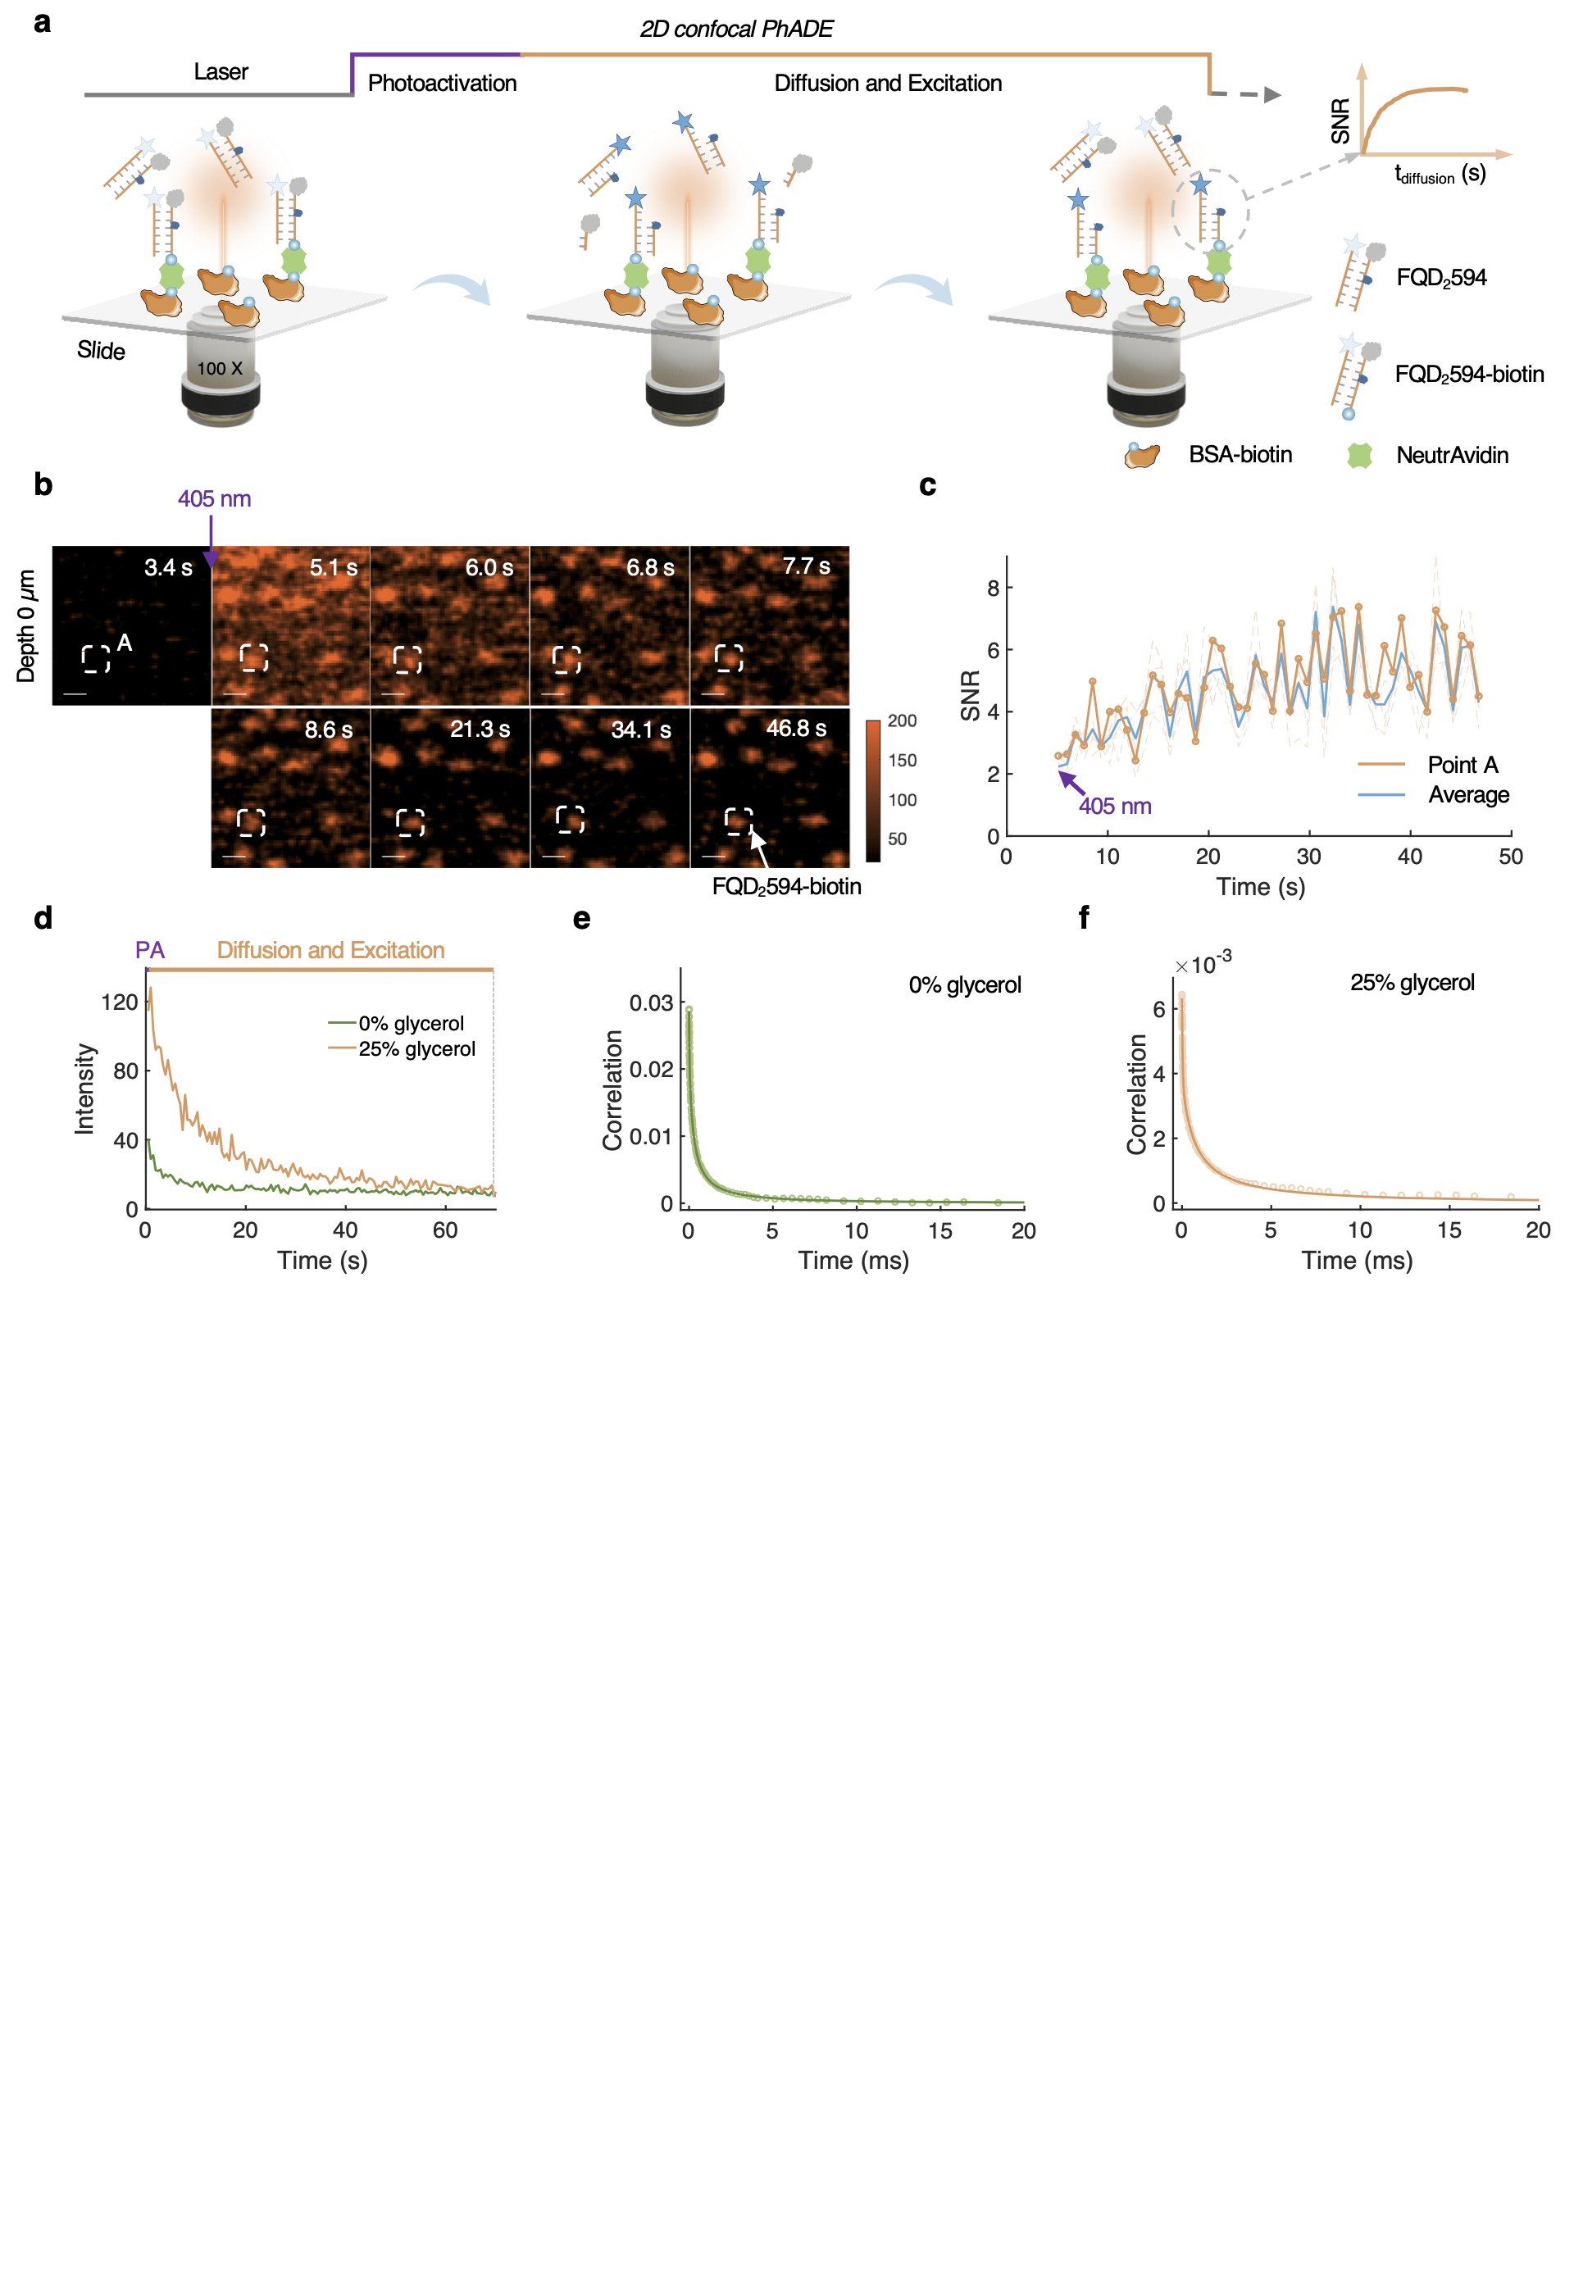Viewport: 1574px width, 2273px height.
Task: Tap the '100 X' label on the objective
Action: (219, 369)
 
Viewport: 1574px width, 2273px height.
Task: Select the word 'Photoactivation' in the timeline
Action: (442, 83)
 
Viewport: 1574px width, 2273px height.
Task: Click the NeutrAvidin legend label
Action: (1452, 456)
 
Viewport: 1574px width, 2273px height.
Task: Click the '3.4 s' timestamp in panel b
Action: (168, 567)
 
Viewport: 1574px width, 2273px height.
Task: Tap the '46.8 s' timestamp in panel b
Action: (796, 728)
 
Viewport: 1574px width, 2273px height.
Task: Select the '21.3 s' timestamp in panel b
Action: (480, 729)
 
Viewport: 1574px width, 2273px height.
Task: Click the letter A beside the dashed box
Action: (125, 643)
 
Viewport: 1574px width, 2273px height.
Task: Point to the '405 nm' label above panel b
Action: (214, 499)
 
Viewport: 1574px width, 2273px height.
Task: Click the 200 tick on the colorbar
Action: (902, 721)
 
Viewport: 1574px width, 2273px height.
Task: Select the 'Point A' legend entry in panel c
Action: (1462, 764)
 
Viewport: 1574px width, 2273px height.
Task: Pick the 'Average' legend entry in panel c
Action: (1467, 795)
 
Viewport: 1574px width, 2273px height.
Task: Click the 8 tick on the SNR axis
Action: (992, 589)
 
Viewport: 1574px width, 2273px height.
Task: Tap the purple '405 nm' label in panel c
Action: (1114, 806)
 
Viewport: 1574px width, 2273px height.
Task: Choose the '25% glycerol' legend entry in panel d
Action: (416, 1049)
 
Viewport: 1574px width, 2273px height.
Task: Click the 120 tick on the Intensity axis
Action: (120, 1002)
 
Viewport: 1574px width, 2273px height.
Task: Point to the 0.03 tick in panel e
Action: (651, 1002)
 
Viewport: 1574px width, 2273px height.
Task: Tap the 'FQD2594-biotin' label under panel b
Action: (786, 887)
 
